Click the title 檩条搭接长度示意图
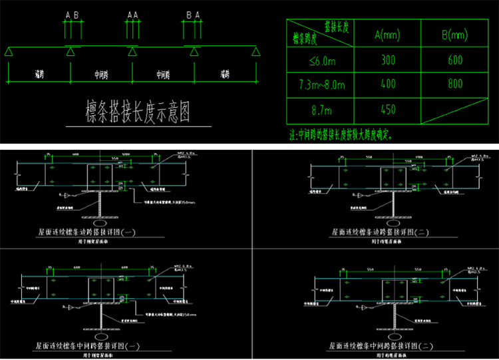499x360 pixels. (x=138, y=112)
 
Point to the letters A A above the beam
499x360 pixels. (x=132, y=14)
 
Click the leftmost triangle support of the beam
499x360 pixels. (x=9, y=51)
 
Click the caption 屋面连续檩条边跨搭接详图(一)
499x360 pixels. (x=87, y=233)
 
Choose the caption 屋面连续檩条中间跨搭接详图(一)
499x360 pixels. (x=87, y=346)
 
